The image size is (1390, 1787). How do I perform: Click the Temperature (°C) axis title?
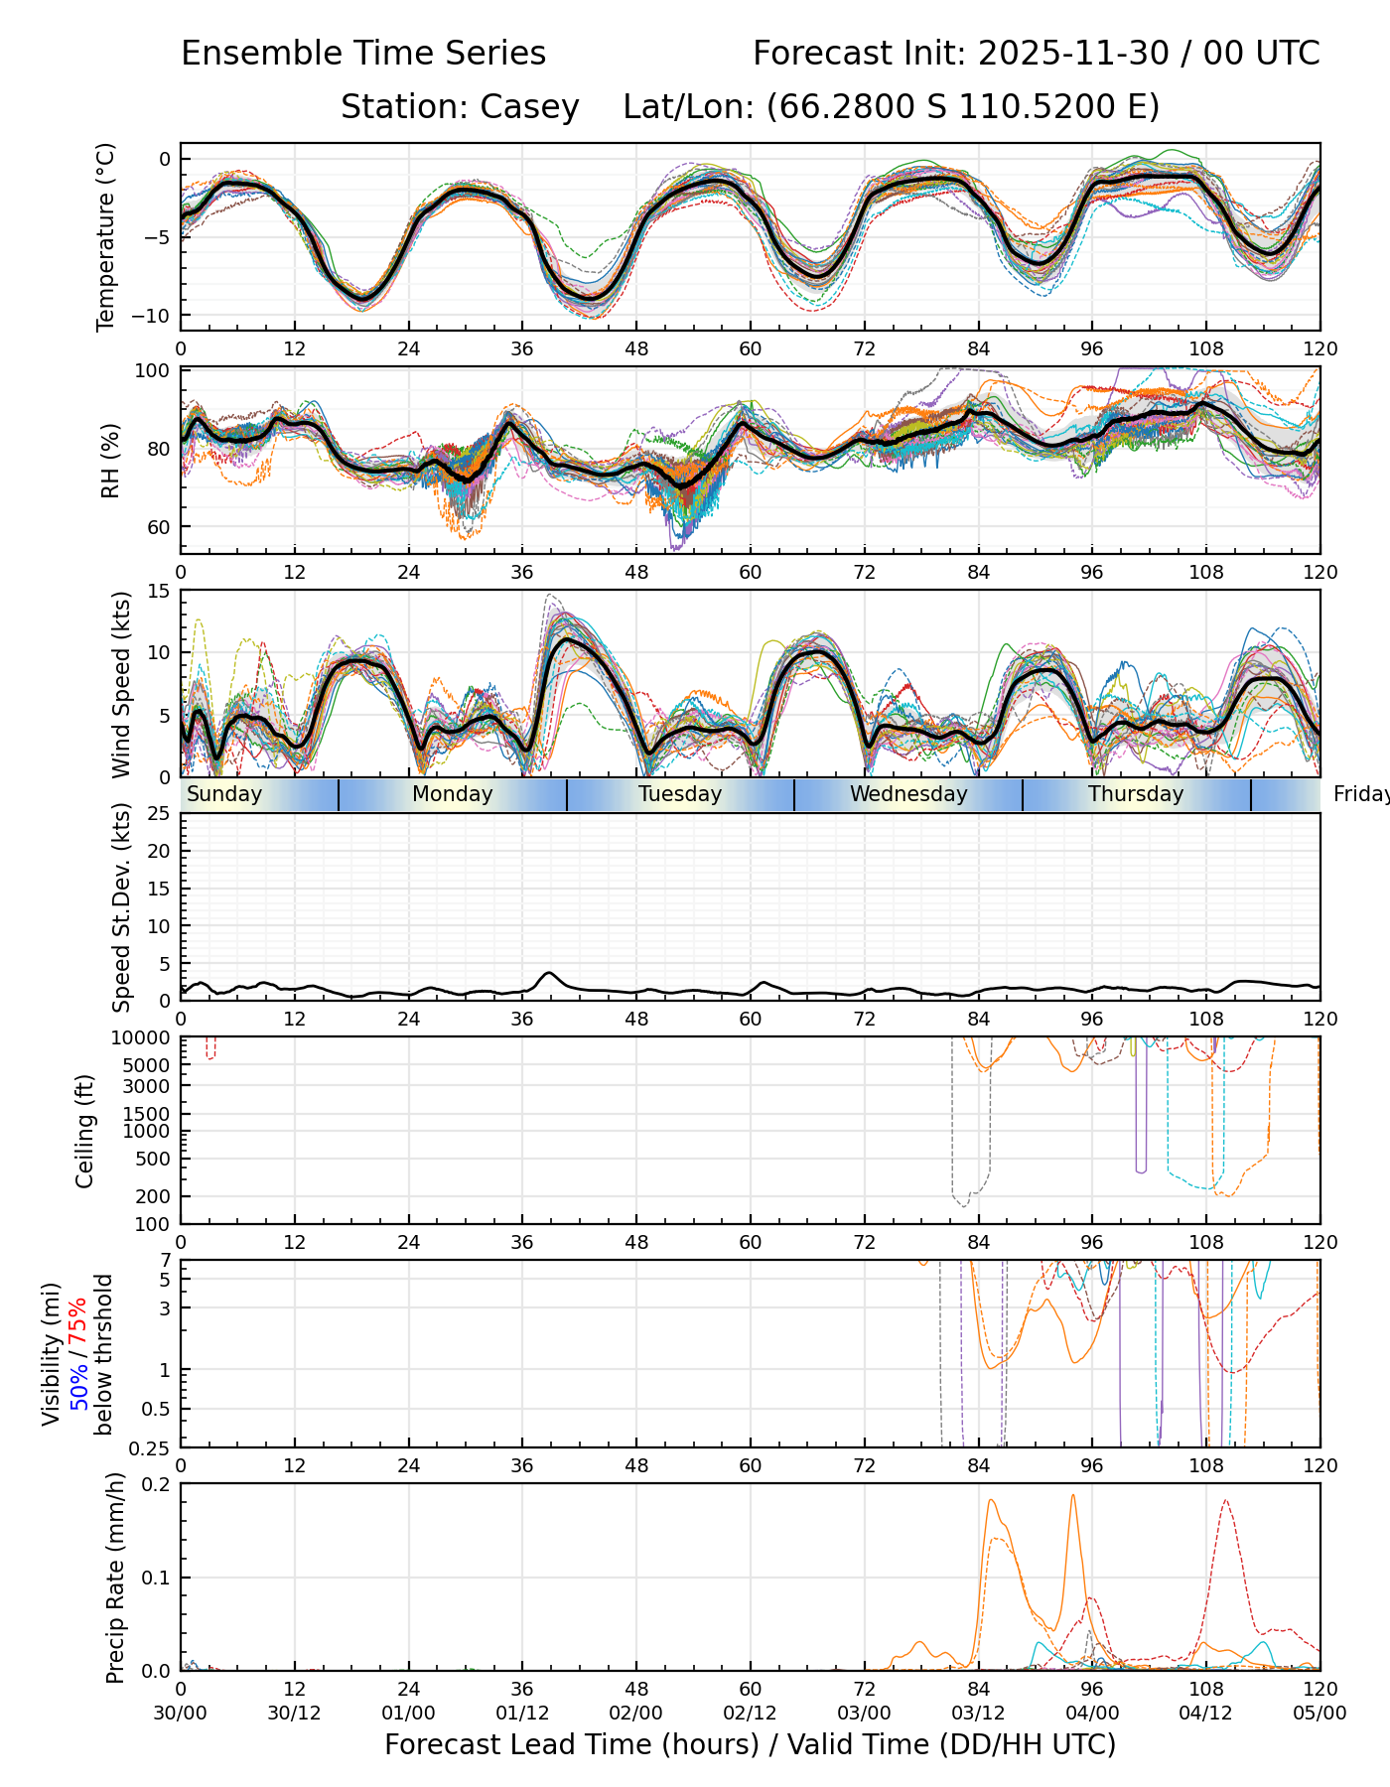click(x=106, y=236)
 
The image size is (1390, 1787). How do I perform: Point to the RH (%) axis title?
click(x=109, y=460)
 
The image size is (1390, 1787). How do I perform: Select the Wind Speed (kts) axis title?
click(x=121, y=684)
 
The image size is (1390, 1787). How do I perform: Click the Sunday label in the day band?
click(x=224, y=794)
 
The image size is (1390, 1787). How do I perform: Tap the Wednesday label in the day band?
click(x=908, y=794)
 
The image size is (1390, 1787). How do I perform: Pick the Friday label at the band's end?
click(x=1360, y=794)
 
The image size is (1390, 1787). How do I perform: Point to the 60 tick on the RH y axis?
click(x=159, y=527)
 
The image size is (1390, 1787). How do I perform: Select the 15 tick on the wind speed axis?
click(x=159, y=591)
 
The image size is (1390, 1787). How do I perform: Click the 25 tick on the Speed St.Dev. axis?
click(x=159, y=814)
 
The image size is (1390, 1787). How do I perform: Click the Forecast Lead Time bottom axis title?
click(x=750, y=1744)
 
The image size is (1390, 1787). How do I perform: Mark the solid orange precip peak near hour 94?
click(x=1072, y=1496)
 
